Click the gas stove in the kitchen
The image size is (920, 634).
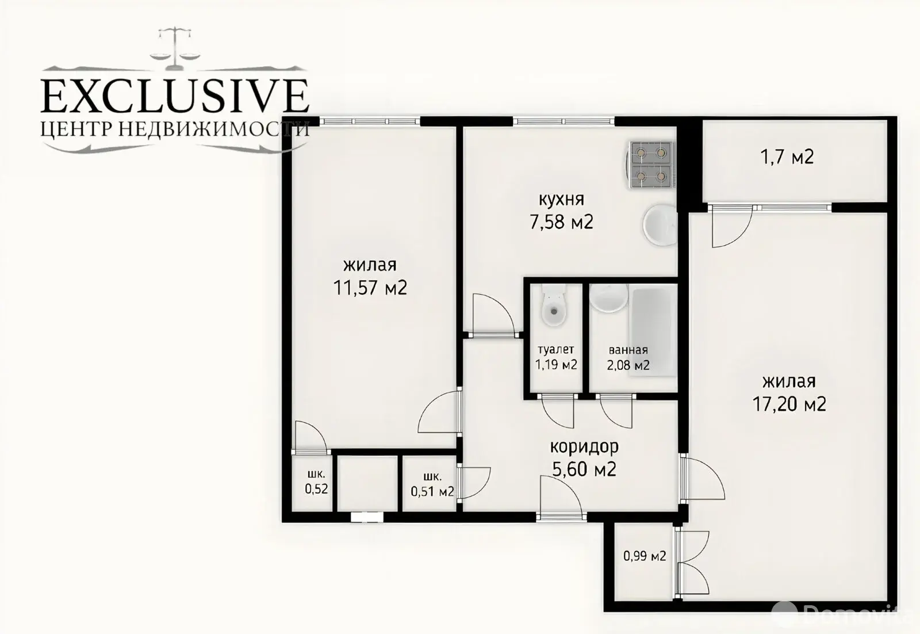650,165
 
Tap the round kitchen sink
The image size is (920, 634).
660,225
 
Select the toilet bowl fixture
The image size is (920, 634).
554,305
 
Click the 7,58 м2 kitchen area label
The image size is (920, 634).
561,222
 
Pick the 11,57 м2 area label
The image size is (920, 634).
370,287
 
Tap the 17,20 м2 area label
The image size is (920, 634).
789,403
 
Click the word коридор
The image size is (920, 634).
584,447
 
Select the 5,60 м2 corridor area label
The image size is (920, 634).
584,469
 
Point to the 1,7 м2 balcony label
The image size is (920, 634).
787,156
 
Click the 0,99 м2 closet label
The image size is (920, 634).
645,556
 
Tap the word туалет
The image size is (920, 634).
555,350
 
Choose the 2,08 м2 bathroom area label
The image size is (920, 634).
628,365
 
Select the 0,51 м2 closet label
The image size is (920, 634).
432,491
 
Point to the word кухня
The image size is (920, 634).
561,200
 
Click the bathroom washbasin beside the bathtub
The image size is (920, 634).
609,297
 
